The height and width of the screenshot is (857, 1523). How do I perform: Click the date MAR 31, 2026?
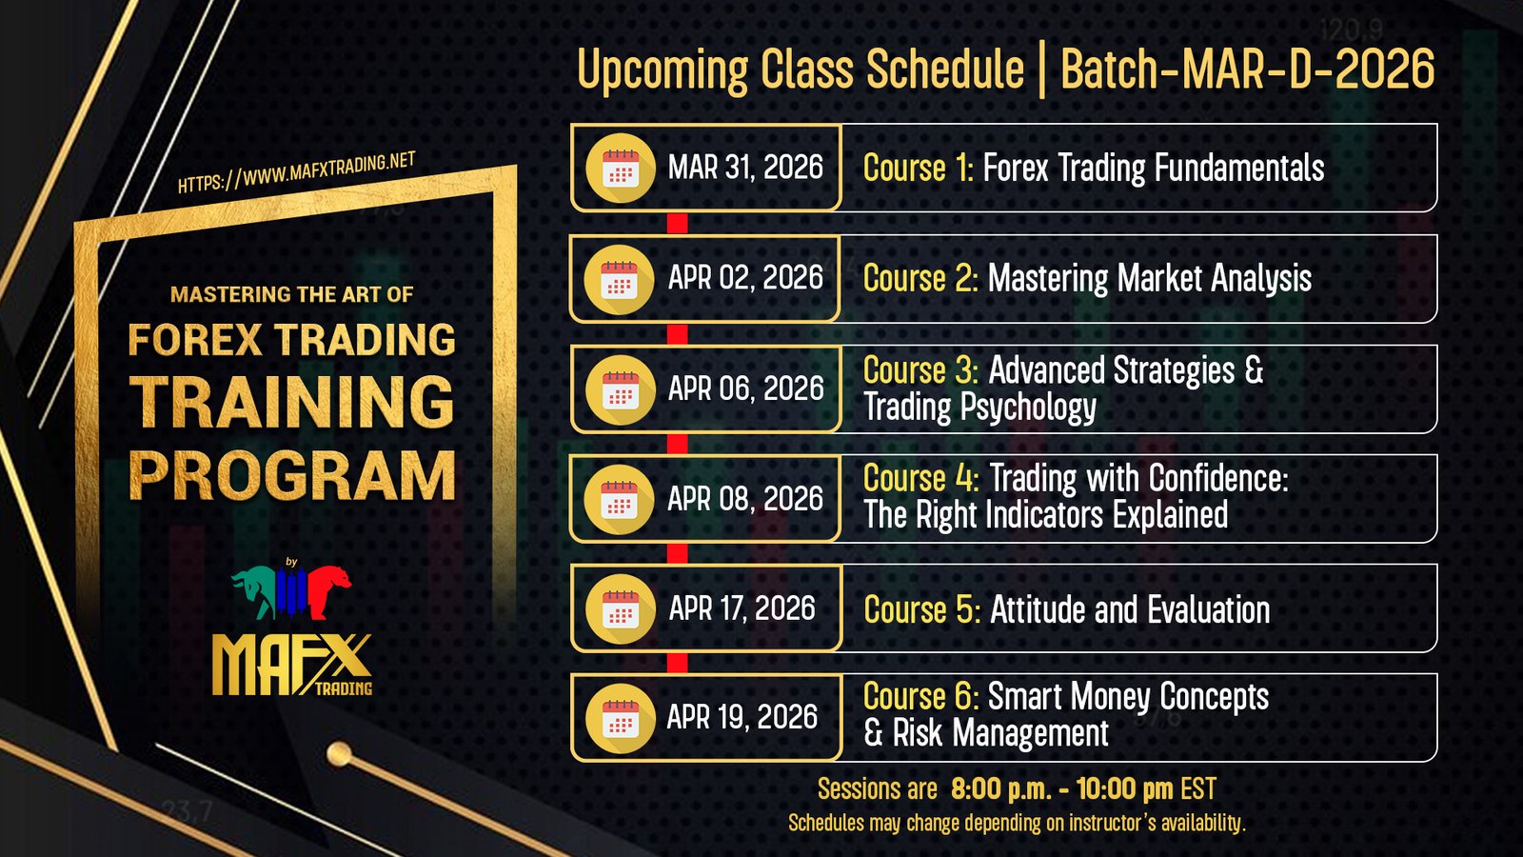click(745, 168)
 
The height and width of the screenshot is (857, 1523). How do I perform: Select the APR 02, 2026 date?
click(745, 277)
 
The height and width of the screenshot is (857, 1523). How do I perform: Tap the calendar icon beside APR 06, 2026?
click(620, 389)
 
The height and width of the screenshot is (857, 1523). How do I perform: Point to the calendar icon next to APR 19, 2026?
click(620, 718)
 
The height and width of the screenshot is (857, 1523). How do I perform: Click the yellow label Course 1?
click(919, 168)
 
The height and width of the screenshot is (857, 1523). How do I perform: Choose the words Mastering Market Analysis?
click(1150, 279)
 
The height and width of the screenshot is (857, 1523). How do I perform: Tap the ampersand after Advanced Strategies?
click(1254, 370)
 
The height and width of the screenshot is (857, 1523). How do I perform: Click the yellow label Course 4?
click(921, 478)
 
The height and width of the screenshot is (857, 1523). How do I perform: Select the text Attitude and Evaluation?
click(1130, 609)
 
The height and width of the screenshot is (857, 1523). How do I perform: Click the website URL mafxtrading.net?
click(296, 172)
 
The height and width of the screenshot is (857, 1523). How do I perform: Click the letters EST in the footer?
click(1198, 789)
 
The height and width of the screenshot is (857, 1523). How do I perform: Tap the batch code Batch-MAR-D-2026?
click(1248, 70)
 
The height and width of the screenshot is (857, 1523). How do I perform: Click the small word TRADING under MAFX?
click(344, 688)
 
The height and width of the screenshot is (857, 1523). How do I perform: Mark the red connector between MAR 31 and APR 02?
click(677, 223)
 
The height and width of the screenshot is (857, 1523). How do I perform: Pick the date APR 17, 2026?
click(742, 608)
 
